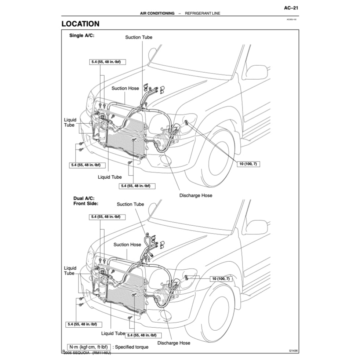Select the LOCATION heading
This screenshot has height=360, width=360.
point(80,24)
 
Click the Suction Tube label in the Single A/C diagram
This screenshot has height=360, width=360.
point(139,37)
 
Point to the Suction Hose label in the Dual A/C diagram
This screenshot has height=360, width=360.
point(127,244)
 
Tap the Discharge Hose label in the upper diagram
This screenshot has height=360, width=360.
point(196,195)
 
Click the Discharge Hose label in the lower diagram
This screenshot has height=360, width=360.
point(174,343)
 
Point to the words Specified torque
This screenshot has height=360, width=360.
point(131,347)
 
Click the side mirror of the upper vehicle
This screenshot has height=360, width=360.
point(257,72)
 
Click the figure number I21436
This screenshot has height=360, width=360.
point(293,351)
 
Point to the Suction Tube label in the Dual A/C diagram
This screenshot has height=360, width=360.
point(130,204)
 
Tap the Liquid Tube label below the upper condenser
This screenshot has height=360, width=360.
point(110,177)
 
